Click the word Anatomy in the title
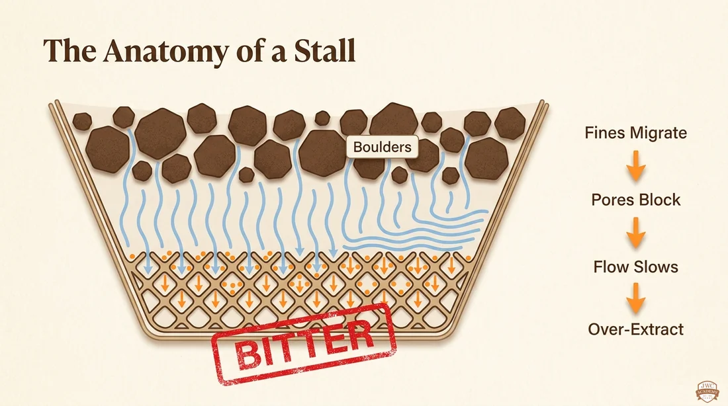coord(165,50)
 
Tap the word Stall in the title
coord(324,50)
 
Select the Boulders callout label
coord(382,147)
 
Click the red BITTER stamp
coord(304,345)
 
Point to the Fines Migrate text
coord(635,133)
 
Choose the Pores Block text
coord(635,200)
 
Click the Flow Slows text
coord(635,266)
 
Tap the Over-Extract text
coord(635,329)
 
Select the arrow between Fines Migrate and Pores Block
coord(635,166)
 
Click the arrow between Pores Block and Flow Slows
coord(635,233)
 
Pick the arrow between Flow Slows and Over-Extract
coord(635,298)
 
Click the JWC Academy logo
coord(707,391)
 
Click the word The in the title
coord(69,50)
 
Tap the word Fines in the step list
coord(606,133)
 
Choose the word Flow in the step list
coord(612,266)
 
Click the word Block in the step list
coord(659,200)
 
